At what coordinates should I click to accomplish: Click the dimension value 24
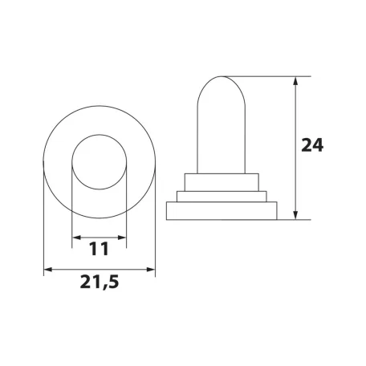pyautogui.click(x=312, y=145)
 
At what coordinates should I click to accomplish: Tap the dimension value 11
pyautogui.click(x=99, y=249)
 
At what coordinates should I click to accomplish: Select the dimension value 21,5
pyautogui.click(x=100, y=282)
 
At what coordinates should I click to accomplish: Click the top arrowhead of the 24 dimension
pyautogui.click(x=295, y=81)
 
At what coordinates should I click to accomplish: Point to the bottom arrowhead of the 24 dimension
pyautogui.click(x=295, y=215)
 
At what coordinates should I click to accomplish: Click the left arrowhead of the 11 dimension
pyautogui.click(x=77, y=238)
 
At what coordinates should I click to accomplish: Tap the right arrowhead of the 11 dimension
pyautogui.click(x=122, y=238)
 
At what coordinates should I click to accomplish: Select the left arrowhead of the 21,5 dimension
pyautogui.click(x=48, y=270)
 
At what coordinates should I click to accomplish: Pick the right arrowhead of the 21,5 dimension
pyautogui.click(x=151, y=270)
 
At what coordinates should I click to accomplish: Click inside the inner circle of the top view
pyautogui.click(x=100, y=162)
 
